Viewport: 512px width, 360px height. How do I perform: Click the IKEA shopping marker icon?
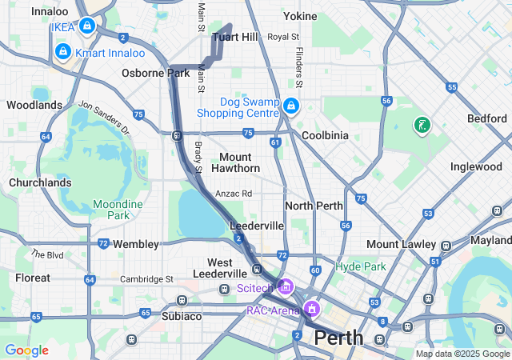87,27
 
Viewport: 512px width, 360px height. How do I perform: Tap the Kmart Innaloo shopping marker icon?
63,53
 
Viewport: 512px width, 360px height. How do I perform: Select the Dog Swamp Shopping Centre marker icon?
291,106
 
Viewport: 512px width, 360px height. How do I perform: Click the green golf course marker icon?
421,126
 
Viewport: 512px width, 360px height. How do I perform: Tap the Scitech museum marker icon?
286,286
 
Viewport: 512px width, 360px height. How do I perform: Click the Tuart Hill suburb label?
235,38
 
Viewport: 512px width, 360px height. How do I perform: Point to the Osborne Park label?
155,73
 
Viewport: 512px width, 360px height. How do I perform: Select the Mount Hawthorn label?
236,162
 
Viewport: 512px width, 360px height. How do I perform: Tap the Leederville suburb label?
256,226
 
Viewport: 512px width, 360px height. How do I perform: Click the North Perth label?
314,206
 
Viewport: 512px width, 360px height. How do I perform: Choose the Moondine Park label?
118,210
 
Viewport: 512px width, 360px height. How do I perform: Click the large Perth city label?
338,338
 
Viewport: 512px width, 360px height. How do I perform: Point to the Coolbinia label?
325,135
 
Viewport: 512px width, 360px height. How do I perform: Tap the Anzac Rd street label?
236,194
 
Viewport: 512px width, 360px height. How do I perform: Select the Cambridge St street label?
146,278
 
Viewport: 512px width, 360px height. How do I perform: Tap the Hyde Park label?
361,266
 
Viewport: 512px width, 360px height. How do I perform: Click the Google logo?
26,350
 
